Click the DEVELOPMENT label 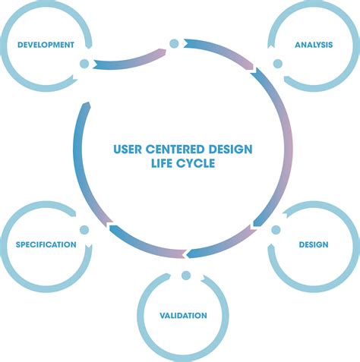click(46, 45)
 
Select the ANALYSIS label click(314, 45)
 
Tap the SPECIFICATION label click(46, 244)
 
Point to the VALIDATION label click(183, 314)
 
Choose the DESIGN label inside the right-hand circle click(313, 244)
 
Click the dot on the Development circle click(84, 64)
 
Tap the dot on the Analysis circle click(276, 64)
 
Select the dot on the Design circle click(276, 229)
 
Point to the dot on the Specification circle click(84, 229)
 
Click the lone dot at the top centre click(174, 43)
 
